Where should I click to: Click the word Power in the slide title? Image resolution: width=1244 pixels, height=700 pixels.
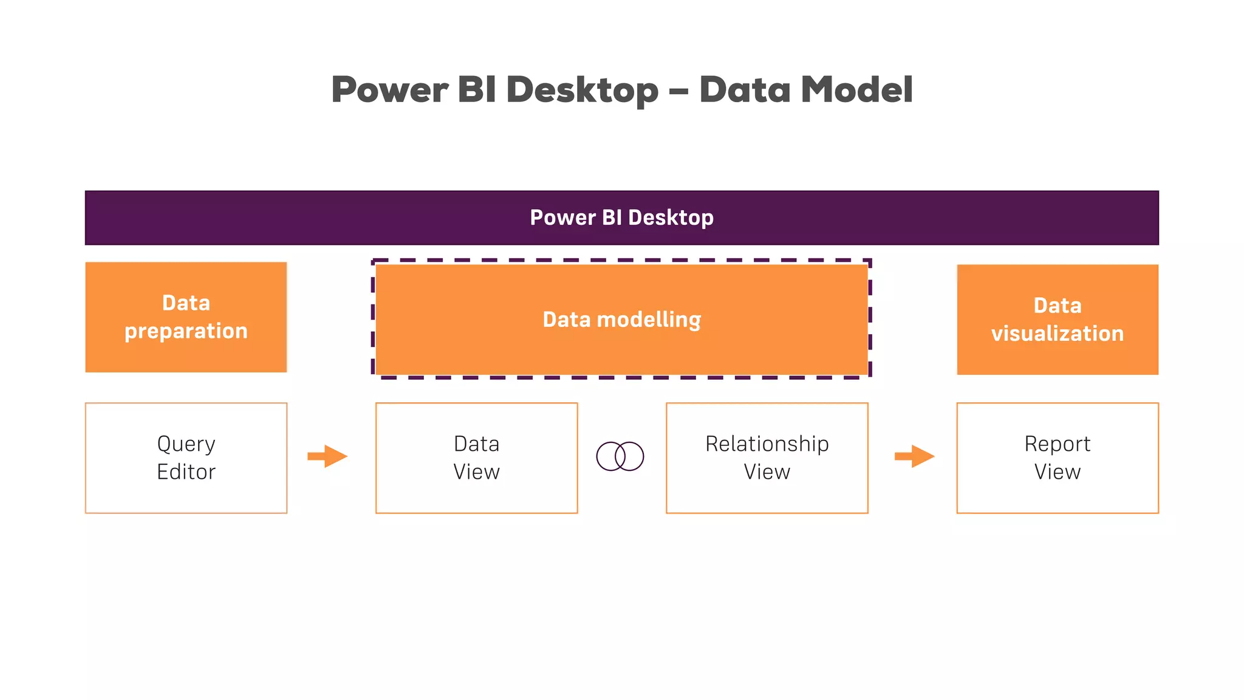coord(389,90)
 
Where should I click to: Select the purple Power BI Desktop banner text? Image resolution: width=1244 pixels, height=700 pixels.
coord(621,218)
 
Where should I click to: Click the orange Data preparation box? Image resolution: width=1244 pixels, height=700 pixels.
coord(186,317)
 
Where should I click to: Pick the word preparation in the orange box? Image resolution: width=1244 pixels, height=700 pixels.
coord(186,331)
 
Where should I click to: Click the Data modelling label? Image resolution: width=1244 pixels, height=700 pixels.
coord(621,320)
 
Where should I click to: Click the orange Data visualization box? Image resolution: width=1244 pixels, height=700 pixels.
coord(1057,319)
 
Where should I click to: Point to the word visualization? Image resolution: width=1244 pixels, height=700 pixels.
coord(1057,334)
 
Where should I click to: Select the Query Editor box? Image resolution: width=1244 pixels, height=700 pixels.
coord(186,458)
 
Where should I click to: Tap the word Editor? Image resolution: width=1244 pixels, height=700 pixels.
coord(186,472)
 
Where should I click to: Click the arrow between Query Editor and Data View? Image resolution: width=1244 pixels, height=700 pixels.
coord(327,456)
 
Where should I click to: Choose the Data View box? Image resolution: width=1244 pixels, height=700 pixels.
coord(476,458)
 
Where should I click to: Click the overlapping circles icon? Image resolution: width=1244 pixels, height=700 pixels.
coord(620,456)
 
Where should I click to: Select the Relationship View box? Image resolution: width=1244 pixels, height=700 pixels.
coord(767,458)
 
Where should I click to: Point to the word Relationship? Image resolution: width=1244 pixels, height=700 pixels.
coord(767,444)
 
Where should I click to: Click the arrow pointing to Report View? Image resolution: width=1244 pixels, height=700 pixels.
coord(914,456)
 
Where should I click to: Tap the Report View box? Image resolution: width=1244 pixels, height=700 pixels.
coord(1057,458)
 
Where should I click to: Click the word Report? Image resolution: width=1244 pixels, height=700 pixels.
coord(1057,444)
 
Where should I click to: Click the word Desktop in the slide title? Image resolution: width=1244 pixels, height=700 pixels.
coord(582,90)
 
